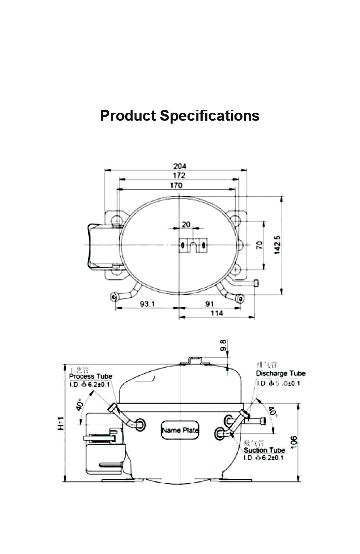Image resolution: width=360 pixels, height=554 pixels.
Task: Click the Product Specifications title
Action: point(180,116)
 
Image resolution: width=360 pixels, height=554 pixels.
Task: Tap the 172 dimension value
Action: point(179,176)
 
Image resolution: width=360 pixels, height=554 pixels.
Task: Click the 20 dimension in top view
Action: point(186,225)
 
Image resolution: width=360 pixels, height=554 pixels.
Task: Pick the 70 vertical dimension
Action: point(260,245)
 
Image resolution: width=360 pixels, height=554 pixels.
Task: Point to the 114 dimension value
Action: point(217,313)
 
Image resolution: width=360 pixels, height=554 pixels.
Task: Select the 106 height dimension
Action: point(294,442)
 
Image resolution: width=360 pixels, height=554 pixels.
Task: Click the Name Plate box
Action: point(180,430)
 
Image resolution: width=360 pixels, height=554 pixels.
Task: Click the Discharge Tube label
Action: point(280,373)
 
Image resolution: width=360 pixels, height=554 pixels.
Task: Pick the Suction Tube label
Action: point(265,450)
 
